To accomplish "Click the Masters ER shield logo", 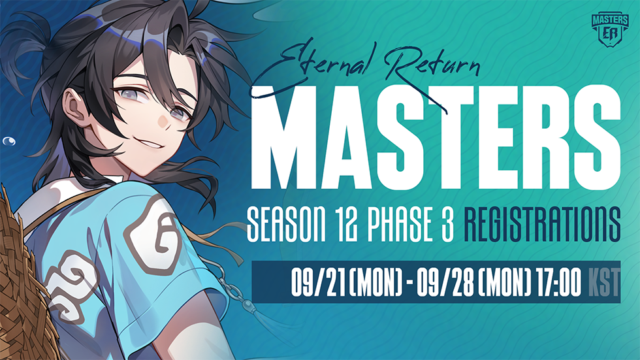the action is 610,29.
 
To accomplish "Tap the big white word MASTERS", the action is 436,138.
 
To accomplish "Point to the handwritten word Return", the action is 432,69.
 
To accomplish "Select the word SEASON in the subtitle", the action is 287,224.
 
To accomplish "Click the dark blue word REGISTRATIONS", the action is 543,224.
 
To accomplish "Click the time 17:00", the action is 558,282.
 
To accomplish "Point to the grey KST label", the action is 604,282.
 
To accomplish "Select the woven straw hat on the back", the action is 22,282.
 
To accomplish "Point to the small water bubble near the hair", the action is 9,141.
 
